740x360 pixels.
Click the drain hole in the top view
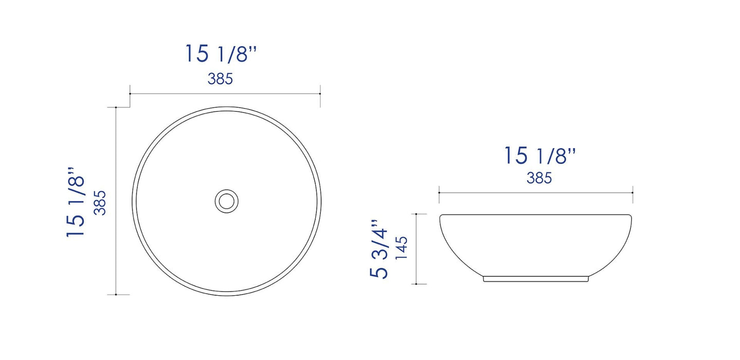click(x=226, y=201)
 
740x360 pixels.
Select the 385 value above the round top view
click(x=221, y=79)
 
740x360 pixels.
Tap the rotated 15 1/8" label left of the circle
click(x=76, y=202)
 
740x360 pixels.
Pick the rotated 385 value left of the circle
click(x=100, y=202)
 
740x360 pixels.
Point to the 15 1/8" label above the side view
click(x=539, y=155)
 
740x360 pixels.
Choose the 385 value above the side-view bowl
click(x=539, y=178)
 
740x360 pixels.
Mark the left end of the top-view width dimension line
click(x=130, y=94)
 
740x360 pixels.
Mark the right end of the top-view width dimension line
click(x=320, y=94)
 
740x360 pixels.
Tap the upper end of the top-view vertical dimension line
click(x=117, y=107)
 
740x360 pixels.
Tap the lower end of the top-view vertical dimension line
click(x=117, y=295)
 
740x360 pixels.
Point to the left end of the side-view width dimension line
click(x=439, y=192)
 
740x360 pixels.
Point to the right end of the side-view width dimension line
click(x=633, y=192)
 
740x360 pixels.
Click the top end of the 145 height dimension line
click(x=415, y=213)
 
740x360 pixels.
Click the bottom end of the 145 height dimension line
click(x=415, y=283)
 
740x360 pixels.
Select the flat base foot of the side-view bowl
click(x=536, y=279)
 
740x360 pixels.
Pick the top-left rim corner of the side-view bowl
click(x=441, y=216)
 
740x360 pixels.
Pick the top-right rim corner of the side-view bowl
click(x=630, y=216)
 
